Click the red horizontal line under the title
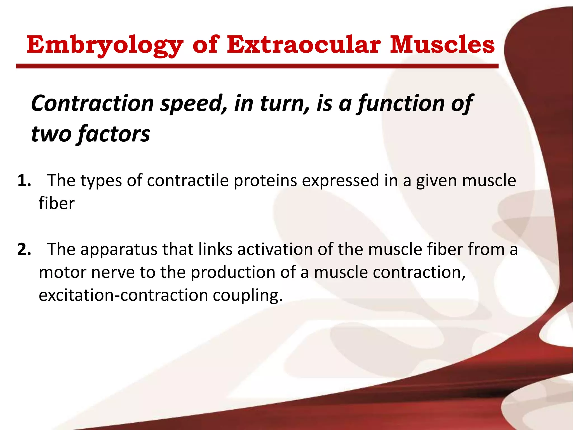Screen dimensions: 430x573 (257, 66)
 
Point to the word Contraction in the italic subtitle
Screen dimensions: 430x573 (92, 103)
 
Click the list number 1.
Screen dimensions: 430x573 (24, 181)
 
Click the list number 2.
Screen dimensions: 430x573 (24, 249)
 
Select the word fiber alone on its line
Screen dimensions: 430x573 (57, 204)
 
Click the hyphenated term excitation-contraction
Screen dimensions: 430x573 (123, 295)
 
